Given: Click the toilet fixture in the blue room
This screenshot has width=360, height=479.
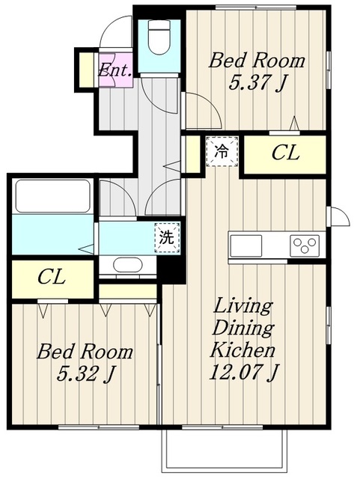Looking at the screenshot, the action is (x=159, y=37).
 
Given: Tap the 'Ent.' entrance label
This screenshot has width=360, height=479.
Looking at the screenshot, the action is (x=115, y=70).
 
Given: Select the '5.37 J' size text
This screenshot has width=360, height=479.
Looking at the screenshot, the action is (x=257, y=82).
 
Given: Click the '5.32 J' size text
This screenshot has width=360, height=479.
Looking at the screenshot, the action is (x=85, y=373).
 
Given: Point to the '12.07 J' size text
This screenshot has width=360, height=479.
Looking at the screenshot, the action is (x=244, y=372).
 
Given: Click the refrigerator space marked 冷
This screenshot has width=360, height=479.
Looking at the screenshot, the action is (x=222, y=151).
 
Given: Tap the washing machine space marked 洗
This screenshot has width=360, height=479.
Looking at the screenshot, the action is (x=168, y=238).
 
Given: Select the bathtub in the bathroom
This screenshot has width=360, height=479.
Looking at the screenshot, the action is (x=52, y=196).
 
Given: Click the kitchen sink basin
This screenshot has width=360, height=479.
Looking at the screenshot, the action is (x=246, y=246).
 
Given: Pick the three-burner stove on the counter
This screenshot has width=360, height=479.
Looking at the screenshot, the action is (x=305, y=245).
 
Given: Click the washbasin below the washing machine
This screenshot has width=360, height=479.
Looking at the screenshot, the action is (x=127, y=264).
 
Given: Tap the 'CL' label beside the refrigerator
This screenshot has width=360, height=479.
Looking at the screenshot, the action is (x=285, y=153).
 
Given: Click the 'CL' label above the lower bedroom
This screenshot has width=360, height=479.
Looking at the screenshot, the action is (x=52, y=277).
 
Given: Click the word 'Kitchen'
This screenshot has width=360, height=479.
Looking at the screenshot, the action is (x=242, y=350).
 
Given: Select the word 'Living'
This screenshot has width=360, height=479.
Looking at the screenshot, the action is (x=242, y=307).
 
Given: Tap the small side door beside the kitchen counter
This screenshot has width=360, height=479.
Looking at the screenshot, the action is (x=338, y=216).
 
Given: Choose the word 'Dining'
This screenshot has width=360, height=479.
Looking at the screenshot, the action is (x=242, y=329).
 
